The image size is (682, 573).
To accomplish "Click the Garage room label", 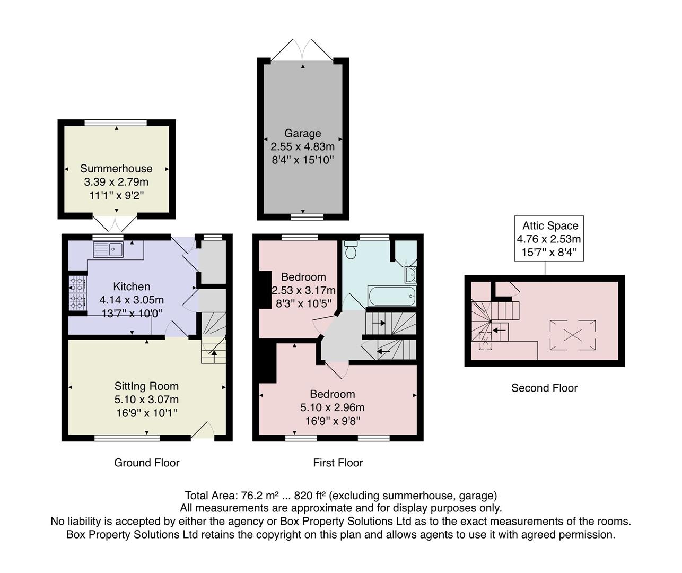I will [302, 134].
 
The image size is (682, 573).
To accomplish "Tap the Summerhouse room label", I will [116, 169].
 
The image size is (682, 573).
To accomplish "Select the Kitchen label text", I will [132, 286].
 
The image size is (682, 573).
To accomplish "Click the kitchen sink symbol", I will [108, 249].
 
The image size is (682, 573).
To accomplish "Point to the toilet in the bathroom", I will [351, 249].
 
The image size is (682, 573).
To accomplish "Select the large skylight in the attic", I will [572, 335].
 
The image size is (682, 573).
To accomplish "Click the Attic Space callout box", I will [549, 239].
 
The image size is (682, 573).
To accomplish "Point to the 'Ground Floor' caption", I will [147, 463].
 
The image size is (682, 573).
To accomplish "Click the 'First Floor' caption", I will [338, 463].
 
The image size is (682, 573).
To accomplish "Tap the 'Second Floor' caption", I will [544, 388].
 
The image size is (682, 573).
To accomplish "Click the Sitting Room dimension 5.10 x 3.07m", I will [146, 400].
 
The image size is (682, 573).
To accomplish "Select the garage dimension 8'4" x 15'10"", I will [302, 160].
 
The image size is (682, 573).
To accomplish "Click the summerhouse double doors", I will [117, 224].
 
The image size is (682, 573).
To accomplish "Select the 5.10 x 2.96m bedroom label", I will [333, 407].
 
